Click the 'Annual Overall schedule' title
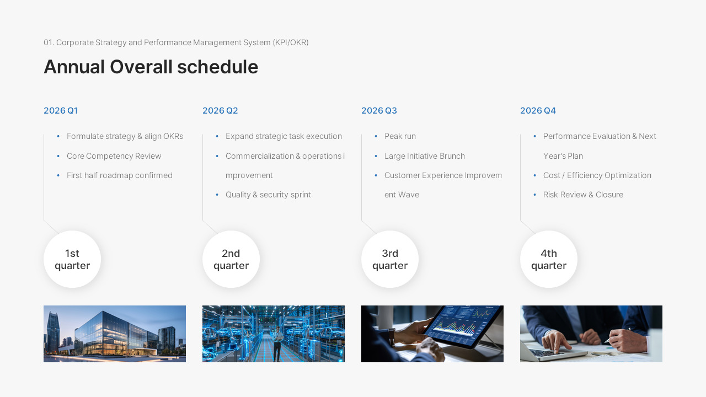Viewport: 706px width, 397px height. tap(151, 67)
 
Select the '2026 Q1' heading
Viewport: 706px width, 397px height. tap(61, 110)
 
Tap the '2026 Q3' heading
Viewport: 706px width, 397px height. tap(379, 110)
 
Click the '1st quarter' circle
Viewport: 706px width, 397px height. tap(72, 259)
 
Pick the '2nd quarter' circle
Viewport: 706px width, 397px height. tap(231, 259)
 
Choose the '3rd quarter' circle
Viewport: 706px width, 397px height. tap(390, 259)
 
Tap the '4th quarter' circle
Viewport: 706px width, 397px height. tap(549, 259)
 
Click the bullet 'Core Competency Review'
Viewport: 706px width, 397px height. tap(114, 156)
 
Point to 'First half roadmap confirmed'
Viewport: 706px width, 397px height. tap(119, 175)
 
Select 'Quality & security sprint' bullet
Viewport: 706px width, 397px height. tap(268, 195)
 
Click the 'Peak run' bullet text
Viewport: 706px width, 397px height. tap(400, 136)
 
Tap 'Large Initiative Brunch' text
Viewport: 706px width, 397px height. tap(424, 156)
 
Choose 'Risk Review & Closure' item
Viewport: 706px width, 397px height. tap(583, 195)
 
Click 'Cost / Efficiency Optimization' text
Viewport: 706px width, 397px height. tap(597, 175)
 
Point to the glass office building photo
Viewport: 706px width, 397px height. tap(115, 334)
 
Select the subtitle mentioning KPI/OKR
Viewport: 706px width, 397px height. tap(176, 42)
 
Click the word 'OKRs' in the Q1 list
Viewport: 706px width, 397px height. tap(173, 136)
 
